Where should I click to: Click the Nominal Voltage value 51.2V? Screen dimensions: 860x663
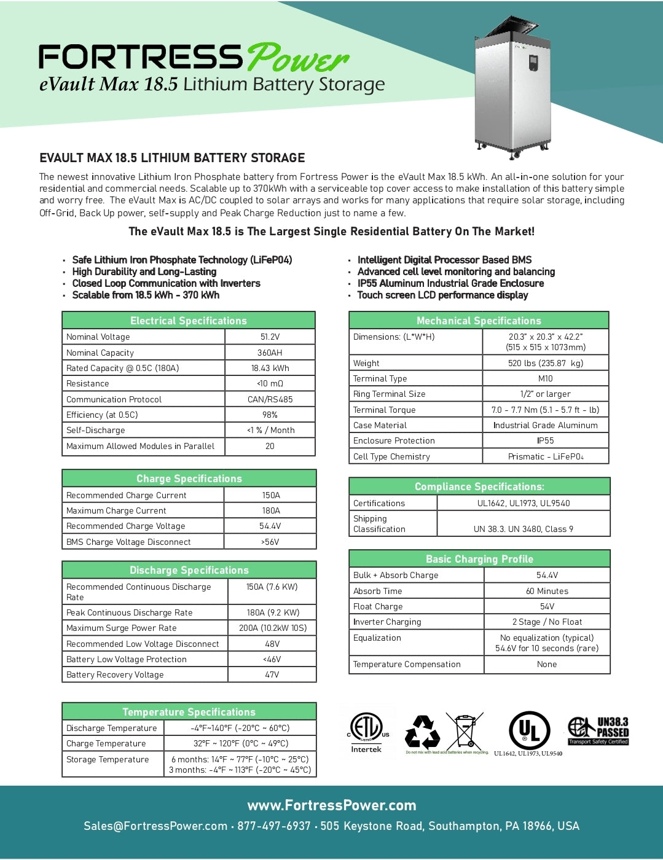point(270,337)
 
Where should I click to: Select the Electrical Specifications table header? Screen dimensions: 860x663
point(189,321)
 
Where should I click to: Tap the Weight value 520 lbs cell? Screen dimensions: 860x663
point(545,363)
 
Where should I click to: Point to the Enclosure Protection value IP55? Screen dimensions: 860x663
point(545,440)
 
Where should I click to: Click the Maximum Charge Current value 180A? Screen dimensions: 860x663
point(270,510)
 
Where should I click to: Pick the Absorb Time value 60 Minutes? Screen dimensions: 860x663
point(547,591)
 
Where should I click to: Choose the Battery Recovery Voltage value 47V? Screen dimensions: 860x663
point(272,674)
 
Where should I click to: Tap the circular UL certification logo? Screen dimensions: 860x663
point(529,730)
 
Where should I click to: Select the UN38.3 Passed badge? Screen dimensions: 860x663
point(598,731)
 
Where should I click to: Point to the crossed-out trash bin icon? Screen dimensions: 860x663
point(464,731)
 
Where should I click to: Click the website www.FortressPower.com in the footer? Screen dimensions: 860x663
point(332,805)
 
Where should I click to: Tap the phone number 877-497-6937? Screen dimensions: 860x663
point(274,826)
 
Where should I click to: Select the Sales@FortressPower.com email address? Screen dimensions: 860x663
point(155,826)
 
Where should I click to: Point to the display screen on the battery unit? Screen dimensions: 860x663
point(533,62)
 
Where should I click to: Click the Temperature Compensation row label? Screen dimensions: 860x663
point(407,664)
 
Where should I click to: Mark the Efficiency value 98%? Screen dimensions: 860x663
point(270,415)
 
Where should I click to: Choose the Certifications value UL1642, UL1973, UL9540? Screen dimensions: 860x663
point(524,503)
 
